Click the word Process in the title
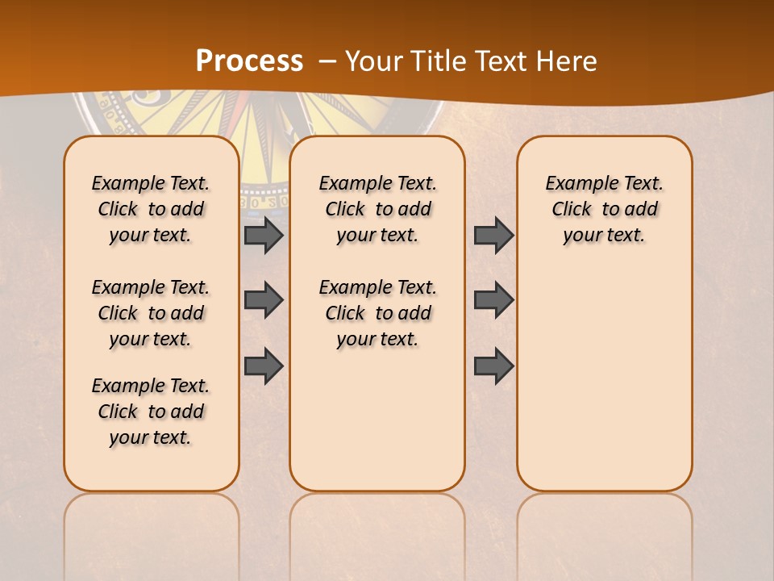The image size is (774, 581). [x=249, y=61]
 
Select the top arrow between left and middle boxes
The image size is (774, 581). [x=264, y=235]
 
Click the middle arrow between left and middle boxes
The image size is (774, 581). [x=264, y=300]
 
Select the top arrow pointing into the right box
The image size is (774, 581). [x=493, y=235]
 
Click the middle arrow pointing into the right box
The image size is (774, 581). [x=493, y=300]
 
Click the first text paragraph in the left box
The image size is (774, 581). [x=151, y=209]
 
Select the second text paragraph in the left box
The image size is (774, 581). [x=151, y=313]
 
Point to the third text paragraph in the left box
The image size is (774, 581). [x=151, y=412]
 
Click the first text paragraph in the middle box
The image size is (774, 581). [x=377, y=209]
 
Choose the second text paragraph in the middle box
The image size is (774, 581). [x=377, y=313]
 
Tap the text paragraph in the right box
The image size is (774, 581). [x=605, y=209]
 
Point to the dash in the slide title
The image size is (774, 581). [x=327, y=61]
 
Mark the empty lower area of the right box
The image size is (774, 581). [x=605, y=379]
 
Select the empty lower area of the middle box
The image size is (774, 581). [x=377, y=420]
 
